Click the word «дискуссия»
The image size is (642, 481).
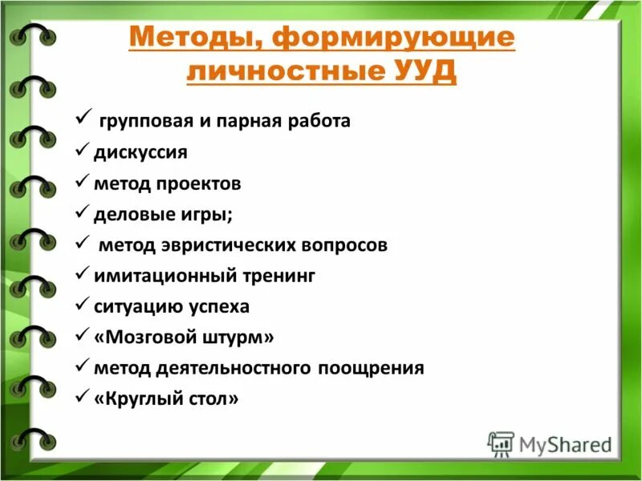140,152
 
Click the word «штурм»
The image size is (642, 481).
242,337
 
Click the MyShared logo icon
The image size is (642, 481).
501,443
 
